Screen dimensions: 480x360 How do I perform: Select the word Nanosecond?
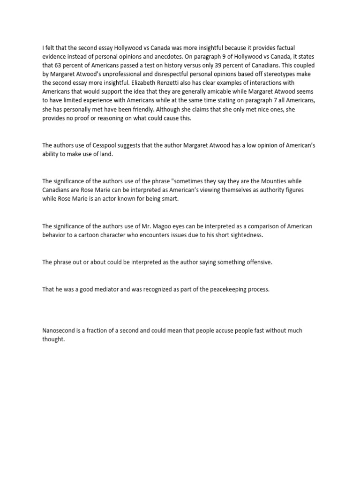pyautogui.click(x=59, y=330)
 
